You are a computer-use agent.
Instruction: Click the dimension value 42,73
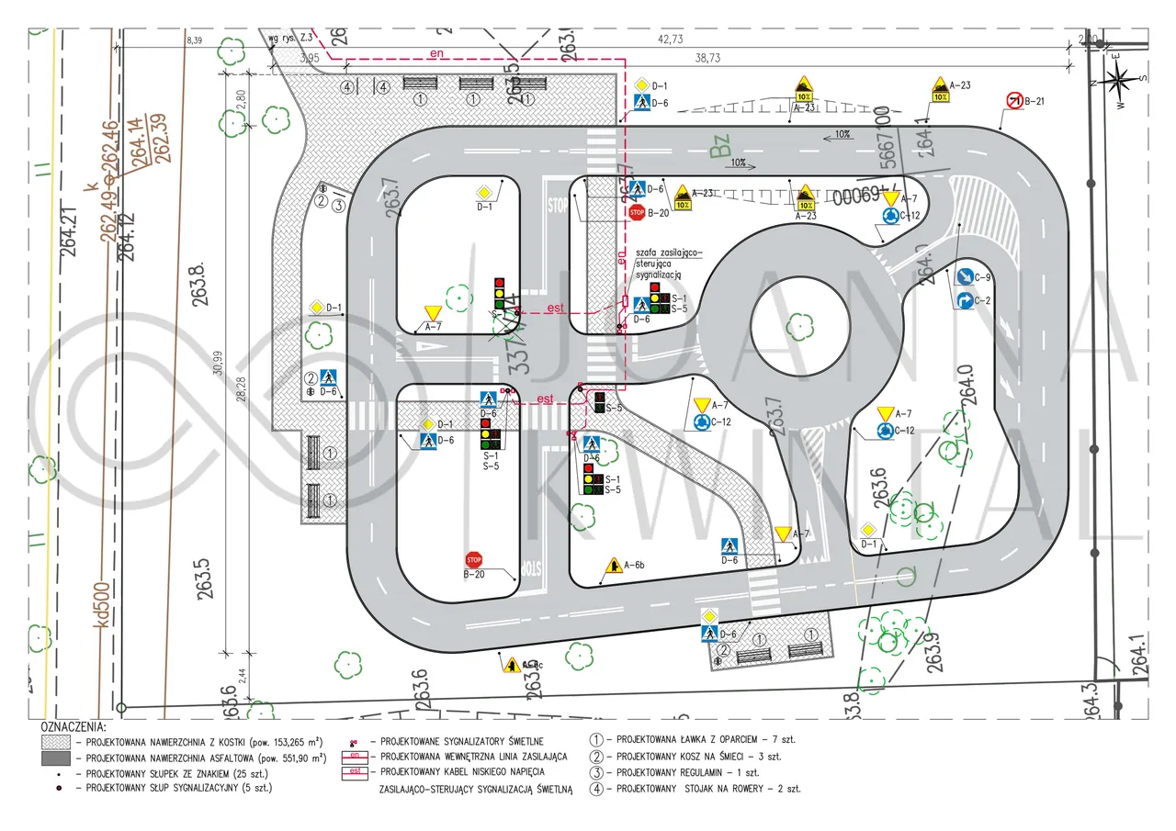point(671,39)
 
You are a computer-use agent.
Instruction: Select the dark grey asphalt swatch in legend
point(56,758)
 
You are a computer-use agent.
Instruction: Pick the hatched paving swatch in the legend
point(56,741)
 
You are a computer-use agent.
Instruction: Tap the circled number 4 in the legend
point(597,788)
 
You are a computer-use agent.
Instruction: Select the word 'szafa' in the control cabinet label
point(649,253)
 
